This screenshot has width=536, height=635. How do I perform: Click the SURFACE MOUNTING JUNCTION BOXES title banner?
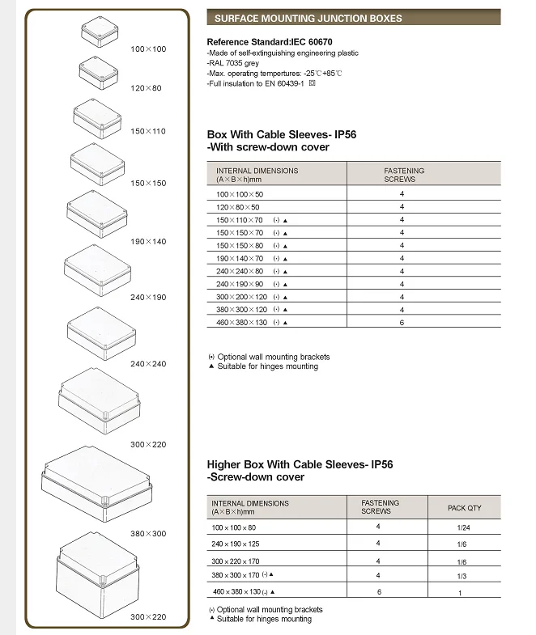click(x=354, y=18)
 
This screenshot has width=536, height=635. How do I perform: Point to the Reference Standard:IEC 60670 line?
click(x=270, y=42)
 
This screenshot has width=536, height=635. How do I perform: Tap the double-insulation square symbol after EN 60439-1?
click(x=312, y=83)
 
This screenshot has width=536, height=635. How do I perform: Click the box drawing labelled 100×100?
click(x=100, y=32)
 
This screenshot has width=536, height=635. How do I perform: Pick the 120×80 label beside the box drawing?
click(x=146, y=88)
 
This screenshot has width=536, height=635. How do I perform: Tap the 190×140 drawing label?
click(x=148, y=241)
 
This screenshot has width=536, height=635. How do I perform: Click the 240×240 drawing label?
click(x=148, y=364)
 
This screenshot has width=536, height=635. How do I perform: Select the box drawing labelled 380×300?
click(x=96, y=484)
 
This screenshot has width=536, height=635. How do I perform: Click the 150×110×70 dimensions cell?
click(x=239, y=220)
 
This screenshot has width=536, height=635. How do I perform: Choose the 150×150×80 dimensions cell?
click(x=240, y=246)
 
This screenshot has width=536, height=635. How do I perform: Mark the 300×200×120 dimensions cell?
click(x=241, y=297)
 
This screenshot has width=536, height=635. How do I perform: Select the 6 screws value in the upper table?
click(x=402, y=323)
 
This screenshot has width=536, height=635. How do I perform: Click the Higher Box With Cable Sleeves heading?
click(x=300, y=470)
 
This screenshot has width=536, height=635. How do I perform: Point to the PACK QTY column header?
click(x=464, y=508)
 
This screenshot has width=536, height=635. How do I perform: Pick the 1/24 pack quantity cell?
click(x=463, y=527)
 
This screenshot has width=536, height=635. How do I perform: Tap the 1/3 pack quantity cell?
click(x=462, y=576)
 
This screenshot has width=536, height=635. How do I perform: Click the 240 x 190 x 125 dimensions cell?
click(x=235, y=544)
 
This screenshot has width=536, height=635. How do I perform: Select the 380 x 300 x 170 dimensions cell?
click(x=235, y=575)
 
